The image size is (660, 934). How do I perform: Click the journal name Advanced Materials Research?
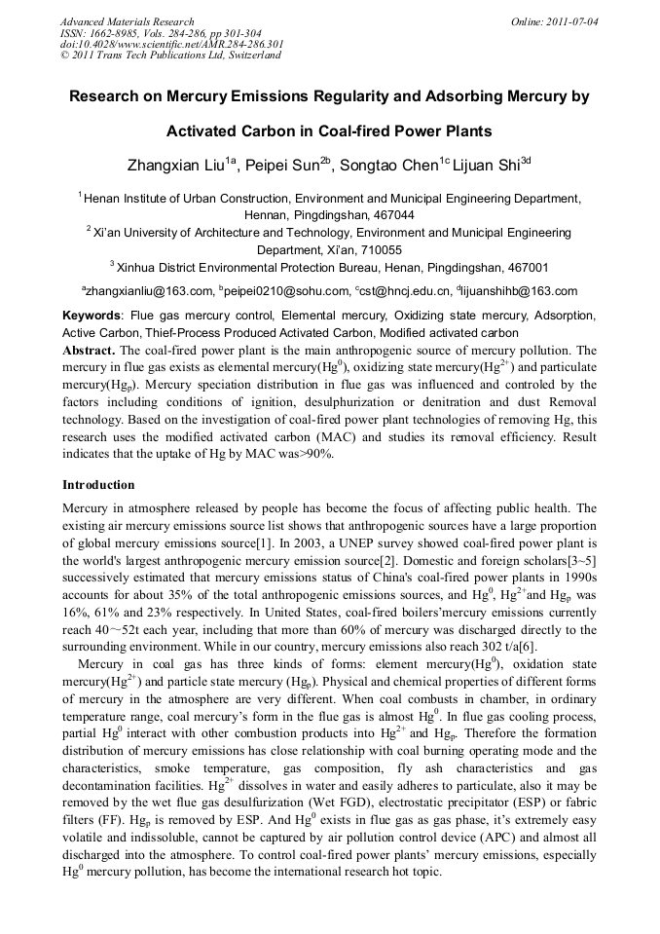pos(127,21)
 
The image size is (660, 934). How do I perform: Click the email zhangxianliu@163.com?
pos(150,290)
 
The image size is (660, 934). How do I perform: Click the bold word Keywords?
pos(92,317)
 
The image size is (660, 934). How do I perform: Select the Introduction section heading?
pos(98,485)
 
